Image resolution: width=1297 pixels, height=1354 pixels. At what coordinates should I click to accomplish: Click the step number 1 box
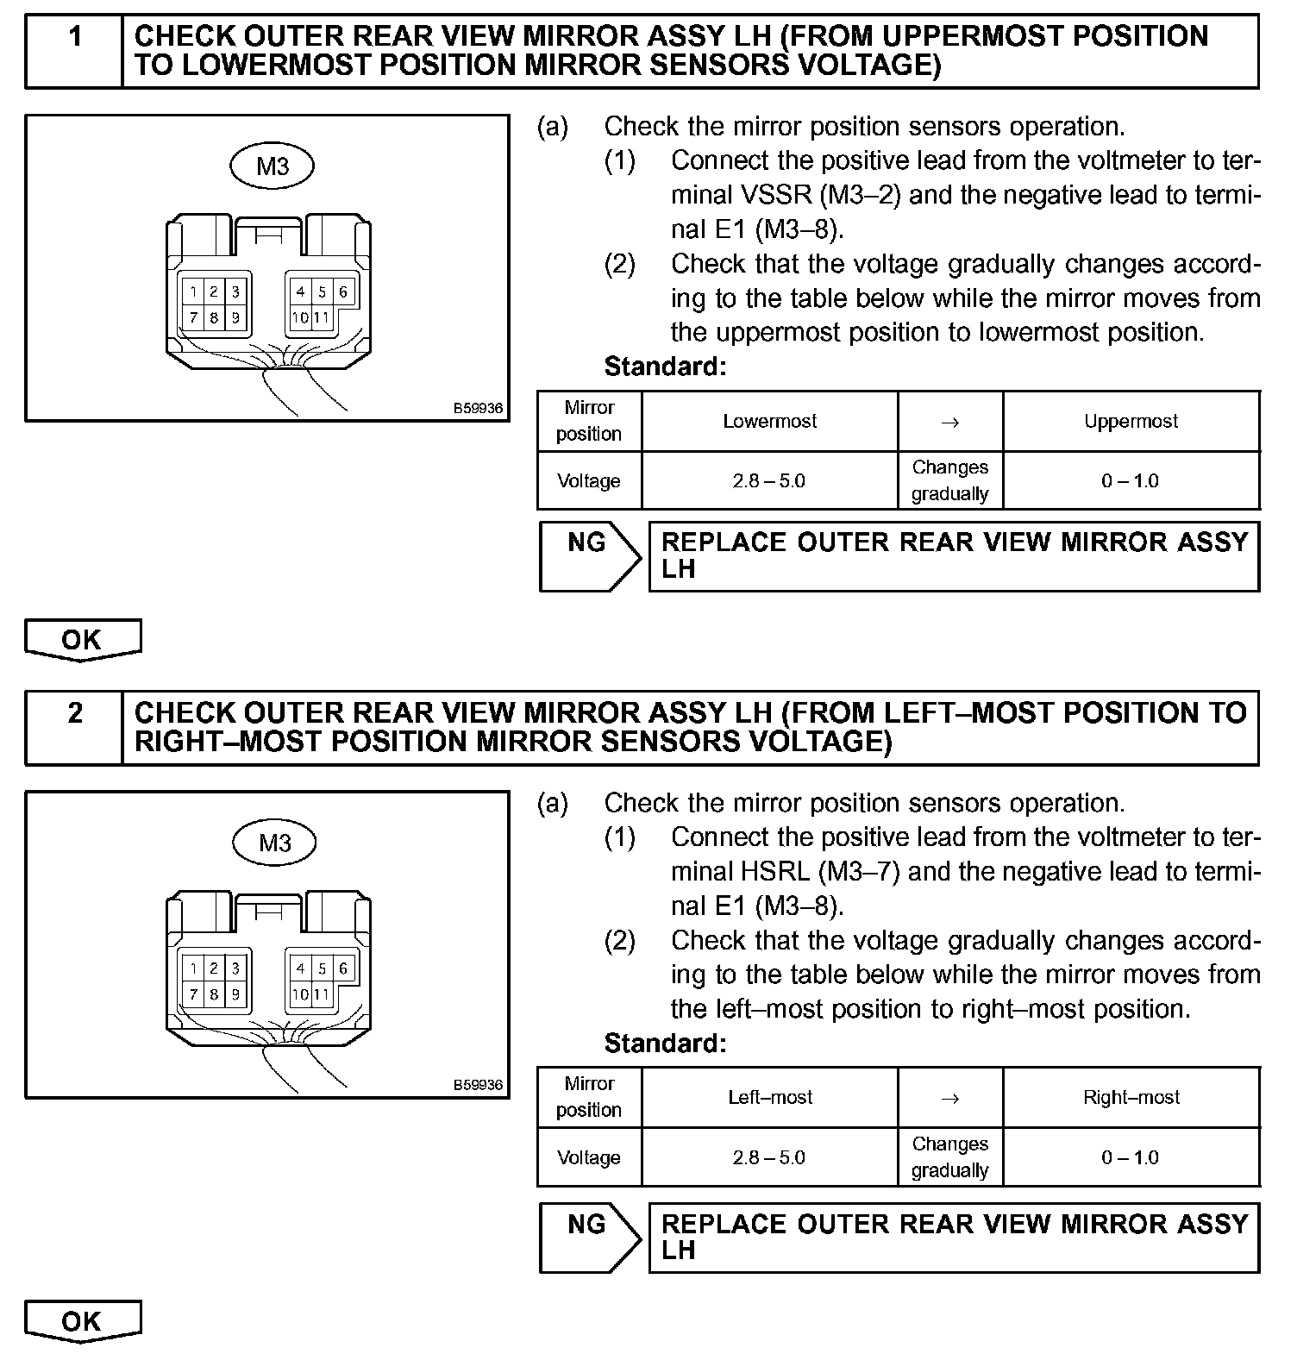(x=75, y=51)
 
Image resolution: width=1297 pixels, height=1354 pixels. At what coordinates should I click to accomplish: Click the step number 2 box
(x=75, y=727)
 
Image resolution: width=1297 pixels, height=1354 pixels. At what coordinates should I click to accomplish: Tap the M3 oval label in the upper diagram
(x=272, y=166)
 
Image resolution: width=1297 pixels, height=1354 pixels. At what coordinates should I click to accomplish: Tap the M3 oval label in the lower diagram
(x=275, y=843)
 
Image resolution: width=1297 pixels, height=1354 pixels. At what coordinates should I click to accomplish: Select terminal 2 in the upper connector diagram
(x=214, y=292)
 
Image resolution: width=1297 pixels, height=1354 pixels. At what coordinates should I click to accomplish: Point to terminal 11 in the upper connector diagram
(x=321, y=317)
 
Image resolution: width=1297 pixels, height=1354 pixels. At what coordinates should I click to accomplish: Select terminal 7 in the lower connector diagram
(x=193, y=994)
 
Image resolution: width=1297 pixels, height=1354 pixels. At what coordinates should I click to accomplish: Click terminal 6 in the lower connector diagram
(x=342, y=968)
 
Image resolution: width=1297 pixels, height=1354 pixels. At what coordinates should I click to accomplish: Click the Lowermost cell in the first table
(x=769, y=421)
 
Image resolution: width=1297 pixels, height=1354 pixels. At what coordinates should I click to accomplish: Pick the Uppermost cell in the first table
(x=1131, y=421)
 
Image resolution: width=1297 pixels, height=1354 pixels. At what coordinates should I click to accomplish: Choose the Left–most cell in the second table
(x=769, y=1097)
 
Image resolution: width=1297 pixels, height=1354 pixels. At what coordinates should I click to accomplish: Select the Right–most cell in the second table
(x=1131, y=1097)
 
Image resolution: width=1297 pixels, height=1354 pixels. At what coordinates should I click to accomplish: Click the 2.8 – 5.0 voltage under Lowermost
(x=769, y=480)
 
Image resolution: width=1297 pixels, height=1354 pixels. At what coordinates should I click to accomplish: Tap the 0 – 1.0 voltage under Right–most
(x=1131, y=1157)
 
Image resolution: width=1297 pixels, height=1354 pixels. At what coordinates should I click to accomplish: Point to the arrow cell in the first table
(x=949, y=422)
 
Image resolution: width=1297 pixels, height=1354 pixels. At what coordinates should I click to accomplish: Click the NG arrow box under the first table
(x=589, y=556)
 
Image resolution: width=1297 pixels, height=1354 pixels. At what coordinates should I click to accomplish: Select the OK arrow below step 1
(x=83, y=640)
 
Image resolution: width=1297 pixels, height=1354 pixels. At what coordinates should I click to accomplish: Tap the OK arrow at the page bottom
(x=83, y=1321)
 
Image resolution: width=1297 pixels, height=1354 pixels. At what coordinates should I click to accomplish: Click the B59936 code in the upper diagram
(x=478, y=409)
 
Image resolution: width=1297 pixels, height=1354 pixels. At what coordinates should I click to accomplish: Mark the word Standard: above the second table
(x=665, y=1044)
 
